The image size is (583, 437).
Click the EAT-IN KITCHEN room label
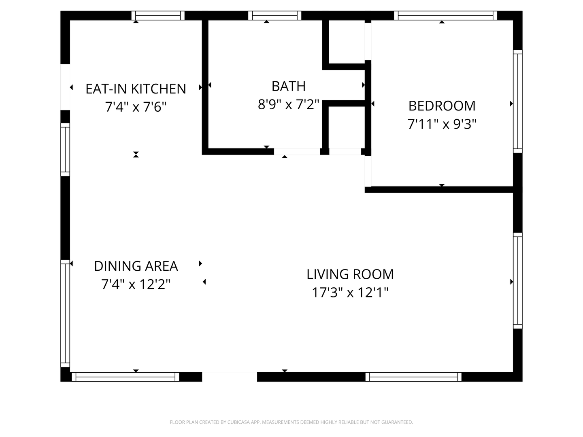click(x=136, y=89)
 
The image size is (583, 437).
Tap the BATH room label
click(x=288, y=86)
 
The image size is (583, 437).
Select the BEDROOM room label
click(x=442, y=106)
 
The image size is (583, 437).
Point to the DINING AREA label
click(x=136, y=266)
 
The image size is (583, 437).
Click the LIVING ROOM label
click(x=350, y=274)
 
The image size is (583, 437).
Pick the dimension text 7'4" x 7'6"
click(x=136, y=107)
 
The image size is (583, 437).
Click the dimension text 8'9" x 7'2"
click(x=288, y=104)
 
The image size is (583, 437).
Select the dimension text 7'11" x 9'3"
click(x=442, y=124)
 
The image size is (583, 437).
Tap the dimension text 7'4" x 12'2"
click(x=136, y=284)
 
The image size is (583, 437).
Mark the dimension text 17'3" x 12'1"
click(x=350, y=293)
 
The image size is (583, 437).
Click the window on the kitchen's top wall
click(x=158, y=15)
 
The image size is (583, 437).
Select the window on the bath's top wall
click(x=274, y=15)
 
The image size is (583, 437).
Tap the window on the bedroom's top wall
click(x=445, y=15)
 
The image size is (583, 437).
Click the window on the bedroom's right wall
click(x=517, y=101)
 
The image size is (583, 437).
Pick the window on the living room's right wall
click(x=517, y=281)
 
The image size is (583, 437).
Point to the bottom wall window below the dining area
click(x=126, y=377)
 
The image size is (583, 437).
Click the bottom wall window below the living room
click(x=413, y=377)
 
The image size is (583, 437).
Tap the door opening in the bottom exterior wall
click(x=230, y=377)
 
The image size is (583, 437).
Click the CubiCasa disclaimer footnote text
click(x=291, y=422)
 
